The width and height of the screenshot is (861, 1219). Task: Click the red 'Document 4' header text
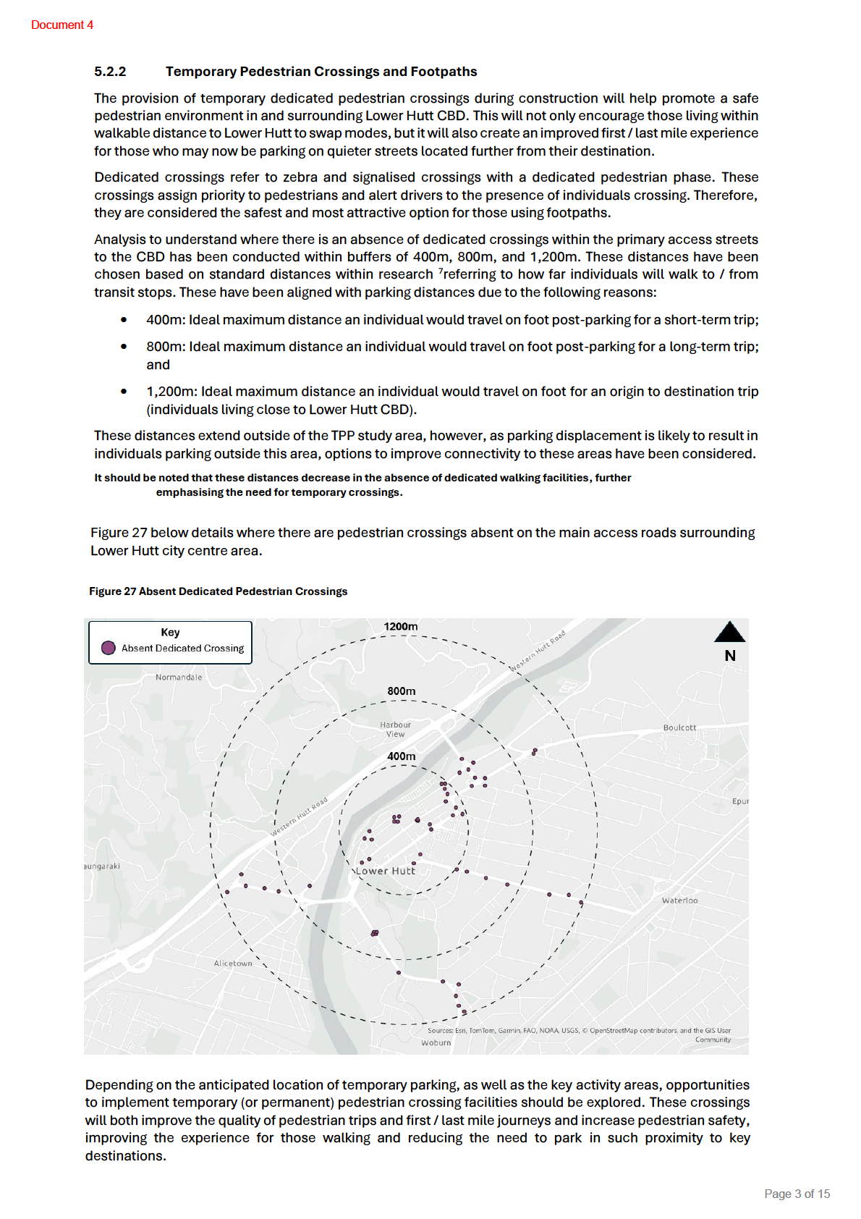pyautogui.click(x=62, y=25)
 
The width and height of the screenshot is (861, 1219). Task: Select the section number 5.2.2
pyautogui.click(x=110, y=72)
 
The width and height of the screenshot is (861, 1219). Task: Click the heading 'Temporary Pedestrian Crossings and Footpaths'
pyautogui.click(x=321, y=72)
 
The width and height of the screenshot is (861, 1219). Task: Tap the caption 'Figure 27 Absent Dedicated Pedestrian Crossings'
pyautogui.click(x=218, y=591)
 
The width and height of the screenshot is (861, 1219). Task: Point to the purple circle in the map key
pyautogui.click(x=109, y=648)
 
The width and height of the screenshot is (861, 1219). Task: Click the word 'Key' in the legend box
pyautogui.click(x=170, y=632)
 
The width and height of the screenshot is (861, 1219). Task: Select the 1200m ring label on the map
pyautogui.click(x=401, y=626)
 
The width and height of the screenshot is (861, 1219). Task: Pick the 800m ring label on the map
pyautogui.click(x=402, y=691)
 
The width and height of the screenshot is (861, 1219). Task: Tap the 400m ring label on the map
pyautogui.click(x=402, y=756)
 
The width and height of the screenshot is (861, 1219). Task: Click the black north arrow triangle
pyautogui.click(x=729, y=632)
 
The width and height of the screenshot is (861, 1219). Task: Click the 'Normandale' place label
pyautogui.click(x=179, y=678)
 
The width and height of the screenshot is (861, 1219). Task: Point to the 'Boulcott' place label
pyautogui.click(x=679, y=727)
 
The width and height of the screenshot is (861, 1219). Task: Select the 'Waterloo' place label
pyautogui.click(x=680, y=900)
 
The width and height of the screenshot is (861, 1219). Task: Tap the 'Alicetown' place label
pyautogui.click(x=233, y=963)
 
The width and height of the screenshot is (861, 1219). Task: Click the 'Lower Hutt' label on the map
pyautogui.click(x=386, y=872)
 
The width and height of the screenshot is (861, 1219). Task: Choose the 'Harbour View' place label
pyautogui.click(x=395, y=729)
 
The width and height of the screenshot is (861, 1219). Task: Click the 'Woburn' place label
pyautogui.click(x=436, y=1043)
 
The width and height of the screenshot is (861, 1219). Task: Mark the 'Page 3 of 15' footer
pyautogui.click(x=797, y=1194)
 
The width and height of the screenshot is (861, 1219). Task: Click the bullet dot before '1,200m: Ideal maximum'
pyautogui.click(x=124, y=392)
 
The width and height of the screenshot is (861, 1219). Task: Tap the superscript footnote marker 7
pyautogui.click(x=441, y=271)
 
